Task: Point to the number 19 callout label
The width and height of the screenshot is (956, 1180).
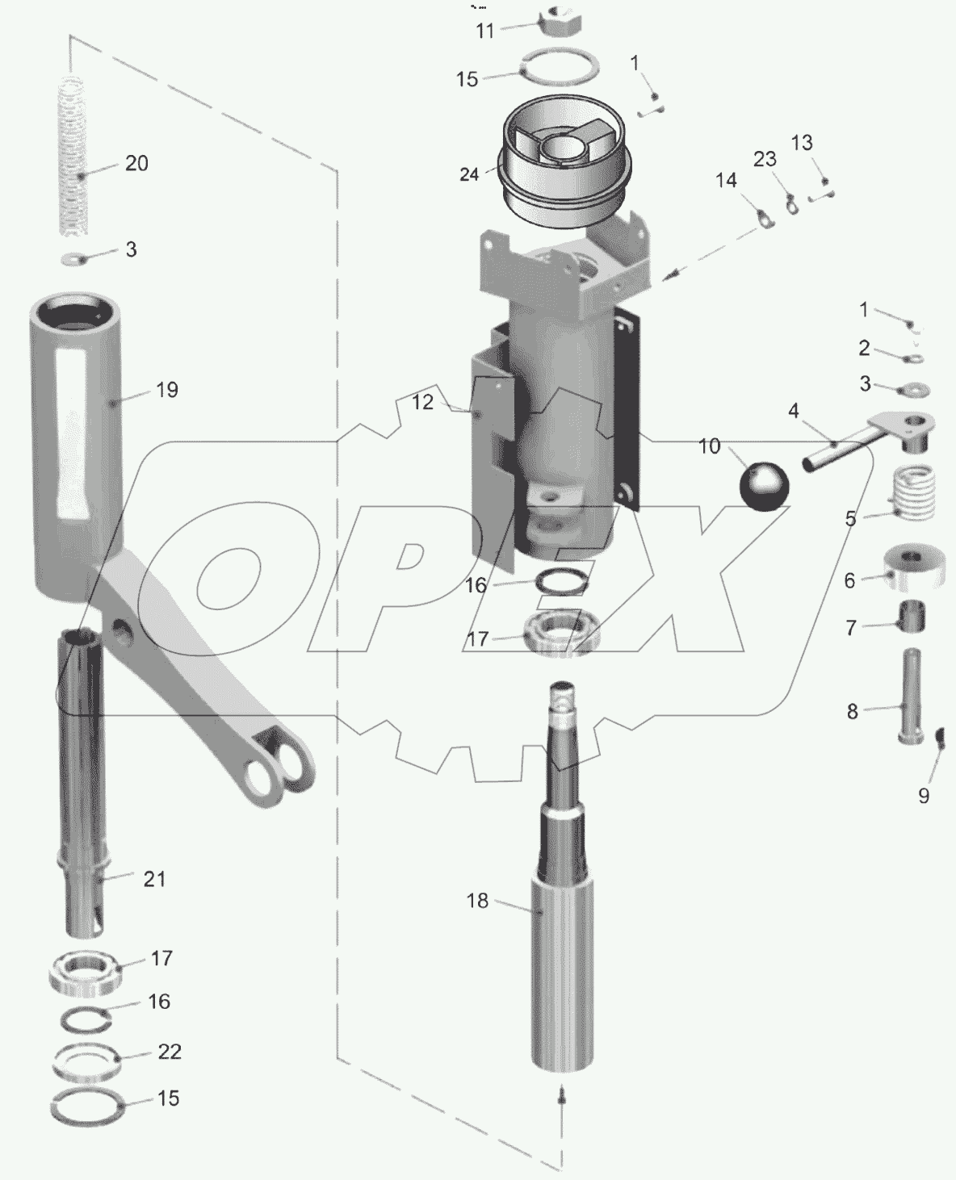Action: pyautogui.click(x=166, y=390)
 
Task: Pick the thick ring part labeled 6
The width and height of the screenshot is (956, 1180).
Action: pyautogui.click(x=916, y=571)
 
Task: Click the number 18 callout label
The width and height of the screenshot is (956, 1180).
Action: pyautogui.click(x=478, y=900)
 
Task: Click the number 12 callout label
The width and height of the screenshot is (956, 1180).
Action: pyautogui.click(x=423, y=402)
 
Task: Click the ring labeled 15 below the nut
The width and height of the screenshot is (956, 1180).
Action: pyautogui.click(x=560, y=65)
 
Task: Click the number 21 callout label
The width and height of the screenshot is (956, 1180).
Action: pyautogui.click(x=154, y=878)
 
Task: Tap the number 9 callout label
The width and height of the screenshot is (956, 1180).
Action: pyautogui.click(x=924, y=795)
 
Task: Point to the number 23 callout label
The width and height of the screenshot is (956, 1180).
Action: pyautogui.click(x=765, y=159)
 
